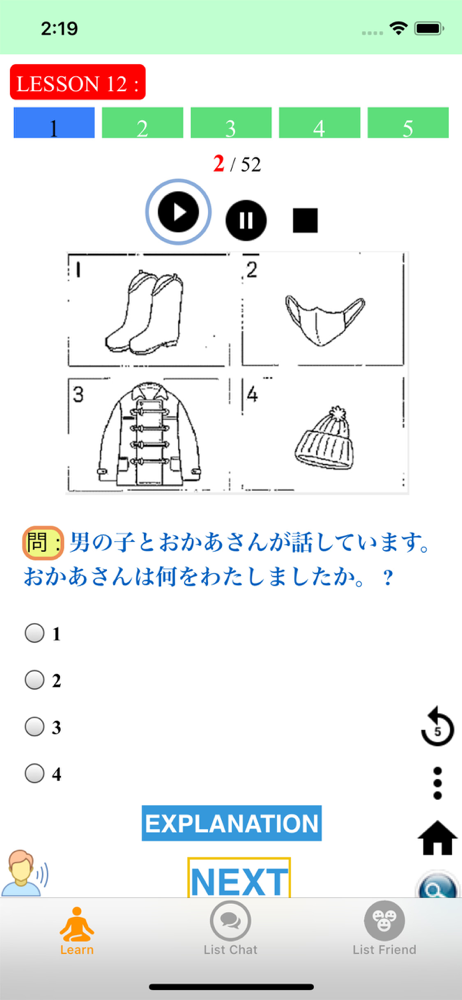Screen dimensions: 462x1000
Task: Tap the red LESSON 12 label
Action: click(x=78, y=82)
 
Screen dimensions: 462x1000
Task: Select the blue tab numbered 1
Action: click(x=54, y=123)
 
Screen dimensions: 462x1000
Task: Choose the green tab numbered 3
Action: click(x=231, y=123)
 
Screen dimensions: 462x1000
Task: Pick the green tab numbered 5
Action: click(x=408, y=123)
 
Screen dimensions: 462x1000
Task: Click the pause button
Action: click(x=246, y=221)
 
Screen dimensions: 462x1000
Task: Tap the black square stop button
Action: click(x=305, y=221)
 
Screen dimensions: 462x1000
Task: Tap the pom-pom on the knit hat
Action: click(x=336, y=416)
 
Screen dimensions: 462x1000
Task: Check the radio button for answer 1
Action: click(x=34, y=633)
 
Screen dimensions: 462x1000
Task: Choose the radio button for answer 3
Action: click(x=34, y=727)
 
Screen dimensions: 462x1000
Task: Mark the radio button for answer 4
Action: click(x=34, y=774)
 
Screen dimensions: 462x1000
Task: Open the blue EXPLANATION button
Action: click(x=232, y=823)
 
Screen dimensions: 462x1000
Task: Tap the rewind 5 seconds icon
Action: click(x=438, y=728)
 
